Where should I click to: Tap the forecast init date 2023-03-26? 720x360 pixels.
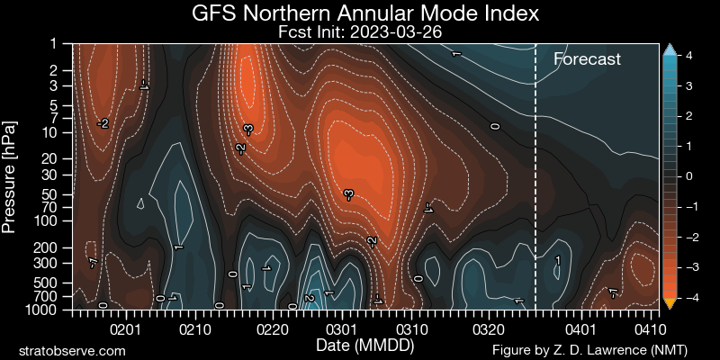click(x=401, y=32)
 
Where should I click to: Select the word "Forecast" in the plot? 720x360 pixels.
click(x=587, y=59)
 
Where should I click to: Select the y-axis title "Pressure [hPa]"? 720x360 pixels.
click(x=11, y=176)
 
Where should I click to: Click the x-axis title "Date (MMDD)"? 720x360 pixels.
click(x=360, y=345)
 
